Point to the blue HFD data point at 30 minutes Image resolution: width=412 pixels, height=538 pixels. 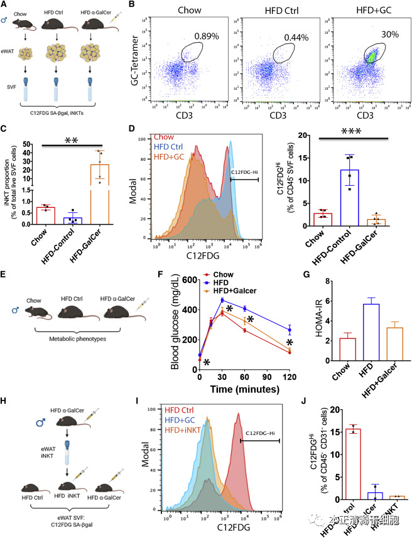tap(222, 300)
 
